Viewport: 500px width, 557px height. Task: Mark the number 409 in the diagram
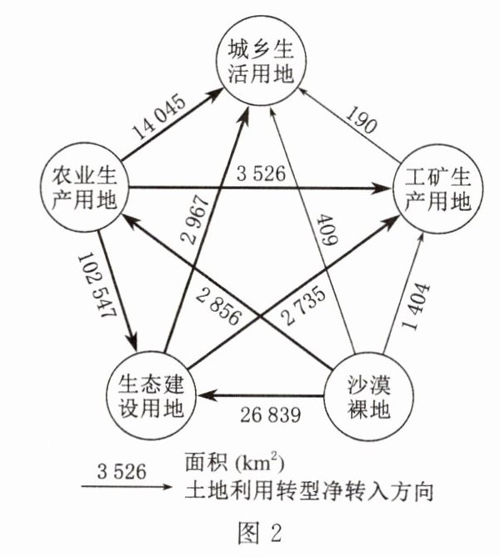(324, 233)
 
